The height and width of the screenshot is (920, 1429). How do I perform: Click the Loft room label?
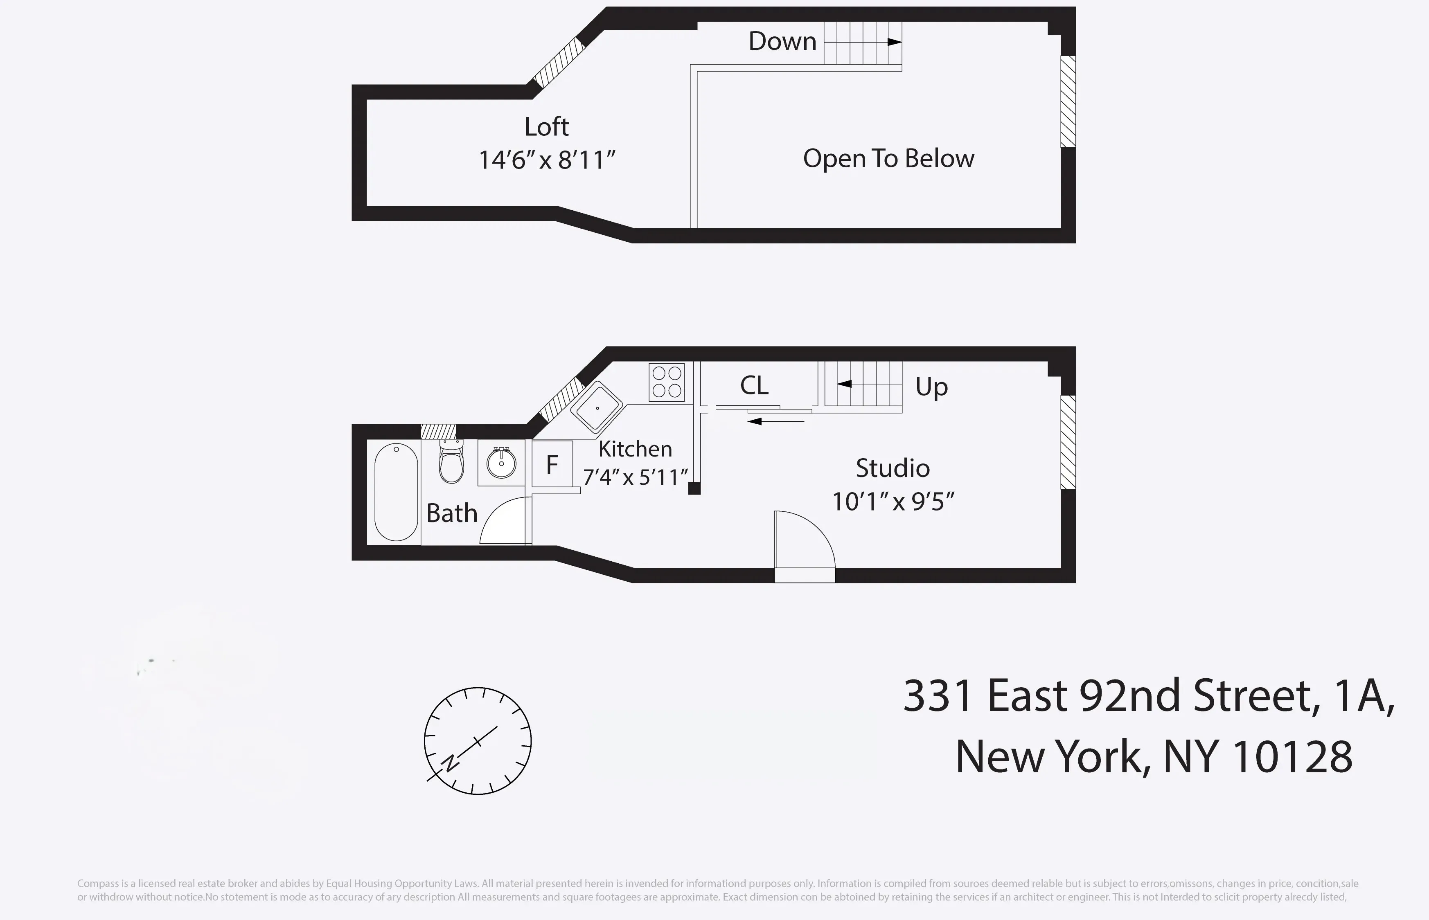(546, 127)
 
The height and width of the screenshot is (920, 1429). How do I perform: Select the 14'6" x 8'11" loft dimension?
(546, 160)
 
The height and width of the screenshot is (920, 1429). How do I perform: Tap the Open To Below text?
(888, 158)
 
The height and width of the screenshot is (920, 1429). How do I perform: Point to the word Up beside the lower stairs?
(931, 387)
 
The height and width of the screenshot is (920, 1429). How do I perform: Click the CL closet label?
(754, 385)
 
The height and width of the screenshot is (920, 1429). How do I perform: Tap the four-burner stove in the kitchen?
(666, 382)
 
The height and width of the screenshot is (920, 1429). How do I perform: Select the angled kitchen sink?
(597, 407)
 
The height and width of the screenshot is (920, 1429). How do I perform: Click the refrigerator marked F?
(552, 464)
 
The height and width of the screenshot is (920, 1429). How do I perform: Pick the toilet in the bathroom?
(451, 463)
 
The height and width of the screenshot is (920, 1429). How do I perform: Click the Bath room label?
(451, 513)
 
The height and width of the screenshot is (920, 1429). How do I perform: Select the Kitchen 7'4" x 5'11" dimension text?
(635, 477)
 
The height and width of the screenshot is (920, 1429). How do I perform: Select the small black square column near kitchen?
(694, 489)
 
